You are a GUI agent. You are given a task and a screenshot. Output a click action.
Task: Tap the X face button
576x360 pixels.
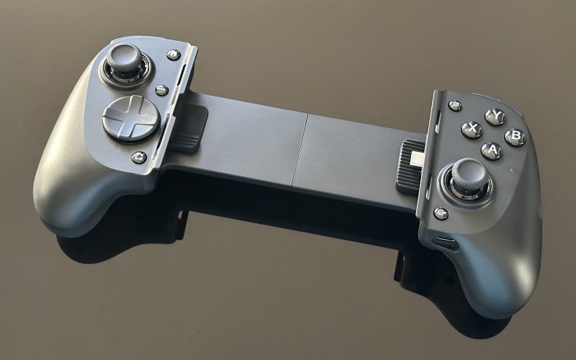[x=472, y=130]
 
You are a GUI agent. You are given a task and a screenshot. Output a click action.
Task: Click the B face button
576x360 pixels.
[x=515, y=138]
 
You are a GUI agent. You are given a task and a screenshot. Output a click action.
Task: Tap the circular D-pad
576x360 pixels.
[x=131, y=119]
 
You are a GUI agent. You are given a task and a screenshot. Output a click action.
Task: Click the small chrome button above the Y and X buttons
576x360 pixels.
[x=456, y=106]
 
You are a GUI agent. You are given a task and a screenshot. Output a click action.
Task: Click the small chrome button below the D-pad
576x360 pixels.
[x=139, y=158]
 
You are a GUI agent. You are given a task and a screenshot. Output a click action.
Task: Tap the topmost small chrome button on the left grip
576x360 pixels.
[x=174, y=55]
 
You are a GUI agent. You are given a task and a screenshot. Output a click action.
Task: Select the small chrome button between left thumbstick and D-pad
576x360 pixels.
[x=161, y=91]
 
